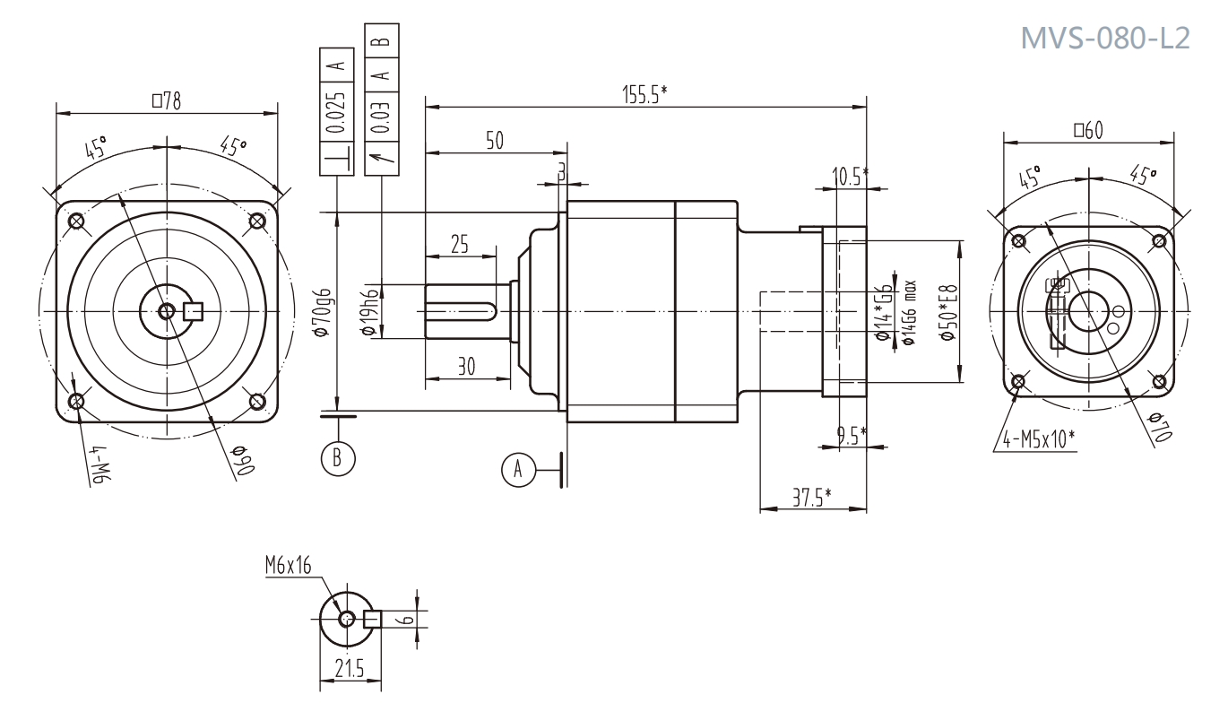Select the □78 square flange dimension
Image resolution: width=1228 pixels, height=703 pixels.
coord(166,101)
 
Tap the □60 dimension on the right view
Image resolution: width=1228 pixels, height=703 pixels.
coord(1087,131)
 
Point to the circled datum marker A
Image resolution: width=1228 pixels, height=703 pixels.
coord(516,467)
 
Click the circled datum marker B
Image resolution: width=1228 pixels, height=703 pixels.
coord(337,456)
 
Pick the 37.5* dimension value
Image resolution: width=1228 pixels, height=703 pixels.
coord(812,498)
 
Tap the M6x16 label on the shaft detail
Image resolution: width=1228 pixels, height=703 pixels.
coord(288,566)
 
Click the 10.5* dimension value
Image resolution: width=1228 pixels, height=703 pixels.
coord(849,176)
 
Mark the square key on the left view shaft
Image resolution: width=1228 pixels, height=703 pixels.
coord(193,311)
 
